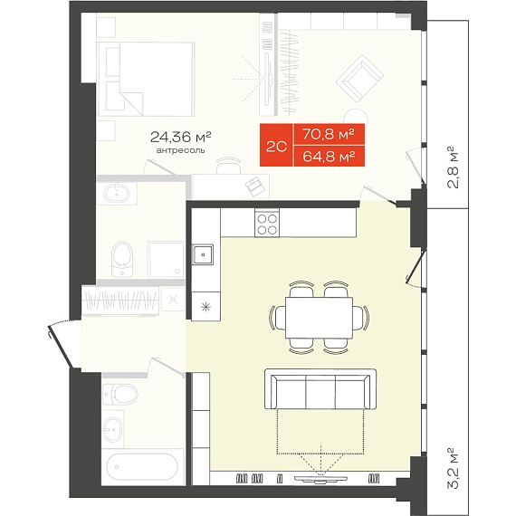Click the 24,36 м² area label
(180, 137)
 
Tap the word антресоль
(181, 150)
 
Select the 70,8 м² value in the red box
(329, 134)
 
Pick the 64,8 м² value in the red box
(329, 157)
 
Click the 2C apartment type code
(276, 147)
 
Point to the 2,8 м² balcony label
(454, 167)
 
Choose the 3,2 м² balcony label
(454, 468)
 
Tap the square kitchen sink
(203, 254)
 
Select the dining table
(319, 318)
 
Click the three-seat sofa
(320, 389)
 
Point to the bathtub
(142, 466)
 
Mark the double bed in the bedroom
(146, 79)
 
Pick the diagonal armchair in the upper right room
(359, 79)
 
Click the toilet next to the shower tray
(122, 259)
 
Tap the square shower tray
(166, 259)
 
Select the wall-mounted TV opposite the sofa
(320, 479)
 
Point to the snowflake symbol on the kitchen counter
(206, 308)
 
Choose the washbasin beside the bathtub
(112, 429)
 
